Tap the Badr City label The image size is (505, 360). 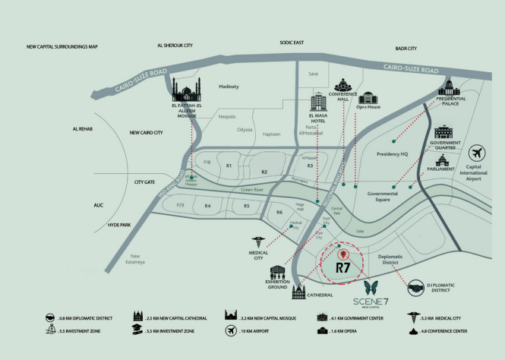pyautogui.click(x=406, y=49)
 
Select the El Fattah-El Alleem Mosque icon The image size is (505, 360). pyautogui.click(x=186, y=93)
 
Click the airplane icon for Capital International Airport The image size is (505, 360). pyautogui.click(x=478, y=153)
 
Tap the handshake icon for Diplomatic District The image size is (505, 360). pyautogui.click(x=418, y=287)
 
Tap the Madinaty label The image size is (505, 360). pyautogui.click(x=229, y=87)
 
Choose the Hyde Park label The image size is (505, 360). pyautogui.click(x=119, y=226)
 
